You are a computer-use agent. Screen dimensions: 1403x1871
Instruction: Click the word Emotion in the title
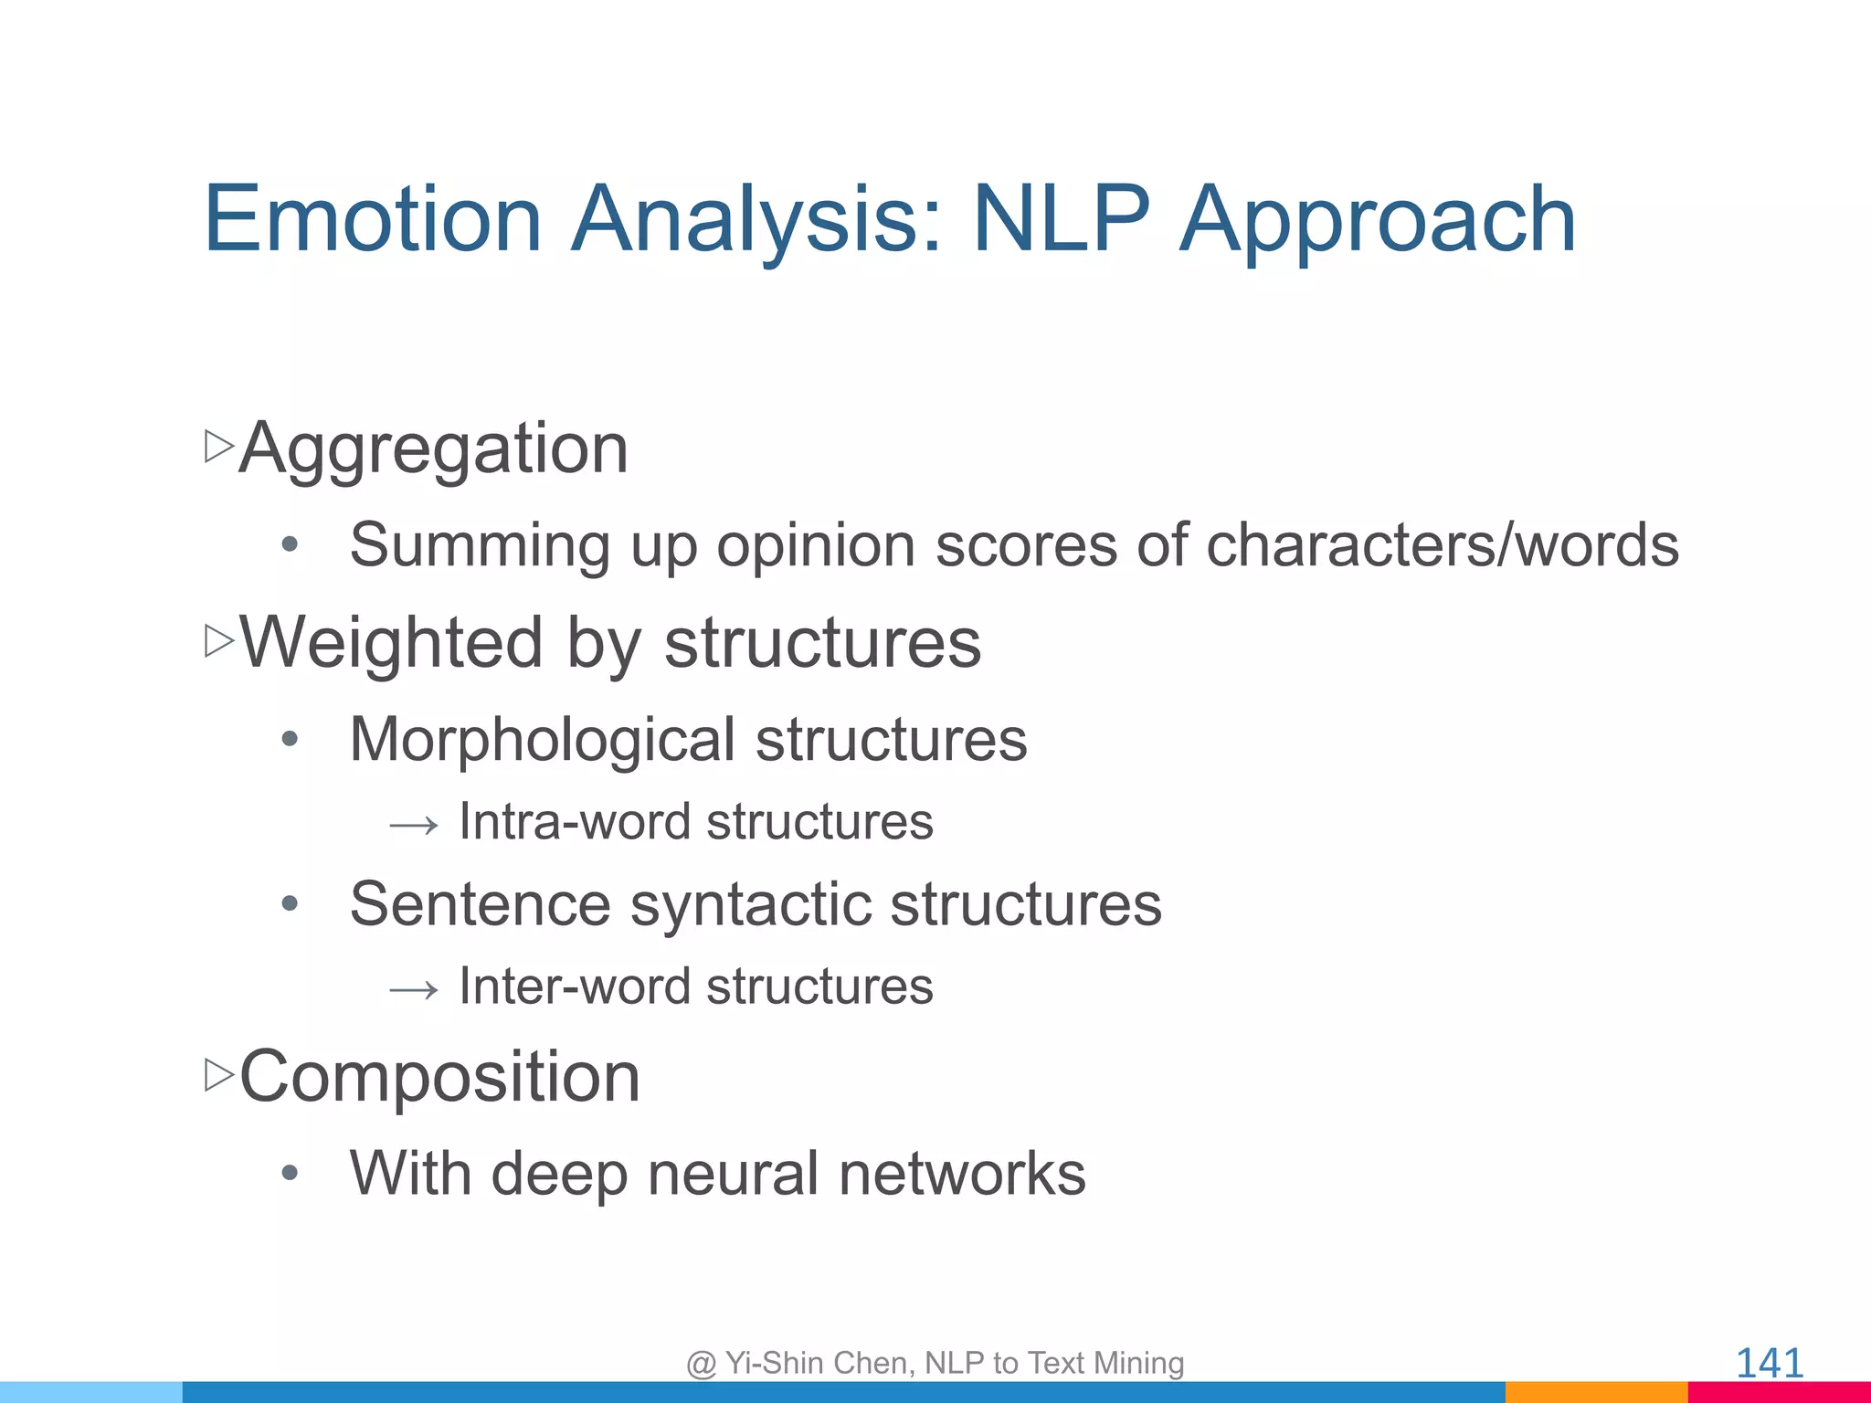[x=373, y=219]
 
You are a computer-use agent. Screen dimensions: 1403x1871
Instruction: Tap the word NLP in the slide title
[x=1060, y=219]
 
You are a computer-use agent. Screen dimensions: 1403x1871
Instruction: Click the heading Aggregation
[x=433, y=449]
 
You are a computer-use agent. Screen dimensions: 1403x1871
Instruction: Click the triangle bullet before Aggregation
[x=218, y=447]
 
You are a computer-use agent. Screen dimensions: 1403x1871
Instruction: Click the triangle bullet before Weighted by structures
[x=218, y=641]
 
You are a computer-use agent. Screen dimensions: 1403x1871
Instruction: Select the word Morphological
[x=542, y=740]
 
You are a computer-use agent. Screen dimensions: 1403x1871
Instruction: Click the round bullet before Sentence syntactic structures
[x=290, y=904]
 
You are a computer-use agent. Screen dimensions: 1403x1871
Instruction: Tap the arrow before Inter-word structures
[x=414, y=990]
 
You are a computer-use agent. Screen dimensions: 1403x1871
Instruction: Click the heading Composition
[x=439, y=1077]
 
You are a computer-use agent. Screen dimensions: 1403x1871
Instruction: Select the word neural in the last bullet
[x=733, y=1174]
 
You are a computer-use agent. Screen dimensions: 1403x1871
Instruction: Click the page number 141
[x=1769, y=1363]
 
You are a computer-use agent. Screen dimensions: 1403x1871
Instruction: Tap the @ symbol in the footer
[x=701, y=1364]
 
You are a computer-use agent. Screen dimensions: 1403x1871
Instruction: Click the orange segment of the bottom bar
[x=1595, y=1393]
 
